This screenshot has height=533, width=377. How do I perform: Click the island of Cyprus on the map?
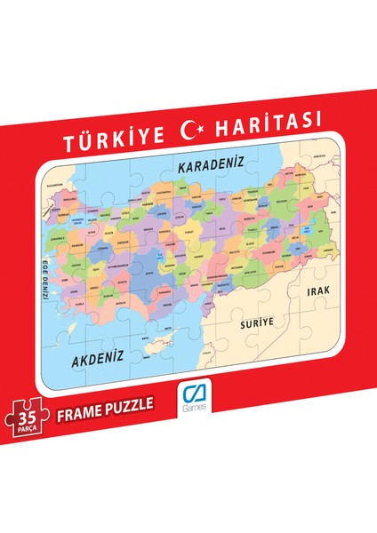coord(161,342)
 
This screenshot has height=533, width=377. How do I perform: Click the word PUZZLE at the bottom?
coord(129,405)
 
